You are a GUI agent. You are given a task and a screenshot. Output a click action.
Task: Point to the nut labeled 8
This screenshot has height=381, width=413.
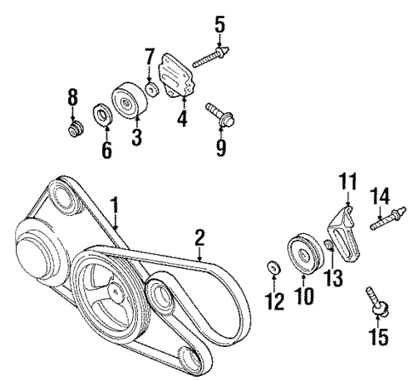pyautogui.click(x=75, y=134)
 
